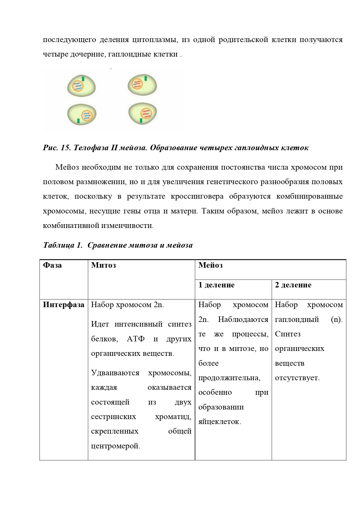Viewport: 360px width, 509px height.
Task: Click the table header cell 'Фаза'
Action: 52,265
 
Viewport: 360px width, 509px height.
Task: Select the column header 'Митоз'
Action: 103,265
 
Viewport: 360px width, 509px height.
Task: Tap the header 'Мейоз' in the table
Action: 210,265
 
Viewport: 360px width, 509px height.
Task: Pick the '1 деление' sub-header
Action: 216,285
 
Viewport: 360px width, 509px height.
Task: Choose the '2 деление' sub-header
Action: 293,285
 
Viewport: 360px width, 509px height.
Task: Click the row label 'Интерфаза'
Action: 64,305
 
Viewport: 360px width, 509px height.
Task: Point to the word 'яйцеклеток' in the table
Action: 220,421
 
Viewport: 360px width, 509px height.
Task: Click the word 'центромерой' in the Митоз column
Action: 115,446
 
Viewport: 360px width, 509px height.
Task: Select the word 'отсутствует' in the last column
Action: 297,378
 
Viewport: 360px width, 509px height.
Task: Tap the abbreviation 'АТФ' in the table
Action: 135,339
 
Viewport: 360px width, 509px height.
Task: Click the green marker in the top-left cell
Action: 83,78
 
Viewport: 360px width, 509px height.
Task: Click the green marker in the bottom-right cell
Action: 141,120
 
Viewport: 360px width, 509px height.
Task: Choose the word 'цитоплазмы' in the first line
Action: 155,39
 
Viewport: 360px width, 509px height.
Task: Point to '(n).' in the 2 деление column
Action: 337,319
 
